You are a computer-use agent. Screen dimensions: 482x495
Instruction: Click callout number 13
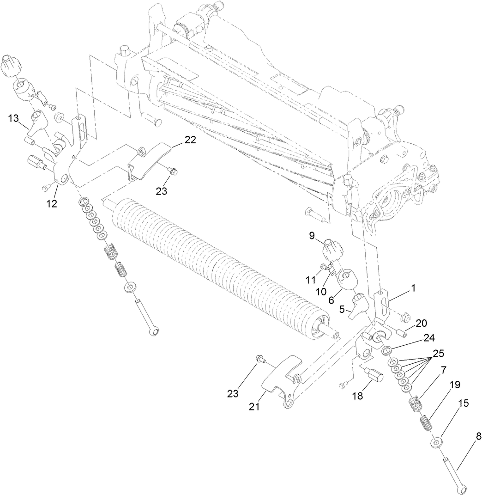13,118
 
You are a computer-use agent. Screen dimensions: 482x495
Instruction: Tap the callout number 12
52,204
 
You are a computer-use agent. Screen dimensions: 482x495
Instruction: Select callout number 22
190,140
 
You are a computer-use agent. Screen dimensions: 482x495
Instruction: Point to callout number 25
438,353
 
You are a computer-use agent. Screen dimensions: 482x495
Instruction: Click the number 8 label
478,436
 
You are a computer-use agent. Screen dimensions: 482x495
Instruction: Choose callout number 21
254,407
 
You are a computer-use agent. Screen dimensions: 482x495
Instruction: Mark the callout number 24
429,338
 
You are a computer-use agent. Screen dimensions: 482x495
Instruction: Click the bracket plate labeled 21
283,381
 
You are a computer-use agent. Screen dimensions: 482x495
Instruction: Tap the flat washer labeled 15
436,442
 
